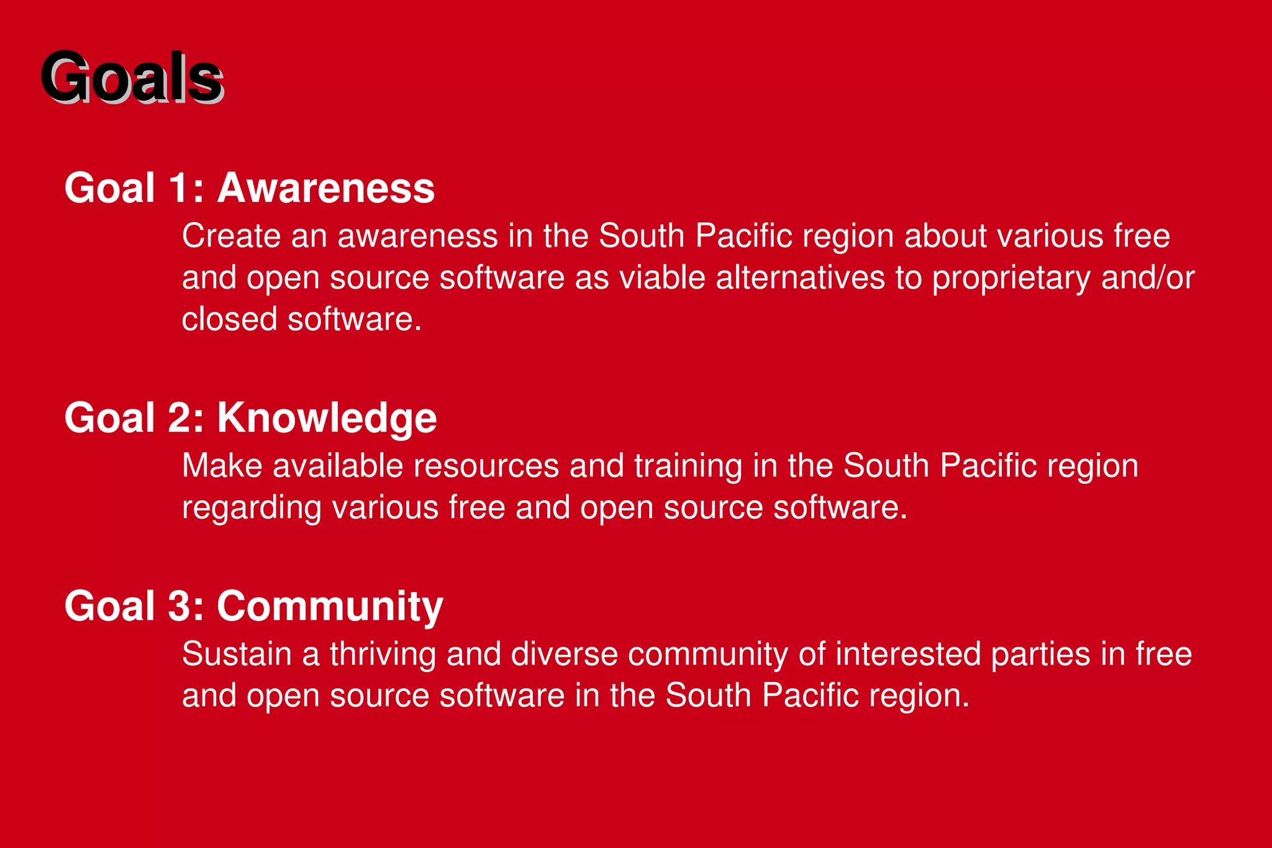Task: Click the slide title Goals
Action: pos(132,77)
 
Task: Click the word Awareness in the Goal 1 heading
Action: pos(325,188)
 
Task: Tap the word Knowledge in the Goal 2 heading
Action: pos(327,417)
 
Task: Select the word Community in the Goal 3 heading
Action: pos(330,606)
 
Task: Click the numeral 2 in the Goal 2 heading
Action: pos(179,417)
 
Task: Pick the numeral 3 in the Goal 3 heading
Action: pos(179,606)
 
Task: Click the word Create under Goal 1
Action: pos(231,236)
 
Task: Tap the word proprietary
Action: pos(1011,278)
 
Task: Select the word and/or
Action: pos(1147,278)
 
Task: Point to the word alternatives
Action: pos(800,278)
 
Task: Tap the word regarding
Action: pos(252,508)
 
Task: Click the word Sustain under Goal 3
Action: pos(237,654)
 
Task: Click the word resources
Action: pos(486,466)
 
